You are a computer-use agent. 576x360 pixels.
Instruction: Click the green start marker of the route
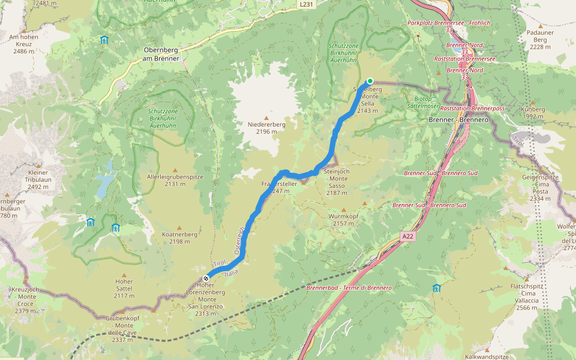tap(370, 81)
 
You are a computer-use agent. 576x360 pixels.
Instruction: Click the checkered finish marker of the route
tap(206, 278)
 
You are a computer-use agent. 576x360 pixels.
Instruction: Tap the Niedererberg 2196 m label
tap(266, 128)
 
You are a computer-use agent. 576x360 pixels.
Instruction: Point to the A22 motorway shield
tap(408, 236)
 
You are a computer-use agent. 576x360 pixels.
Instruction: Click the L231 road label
tap(306, 4)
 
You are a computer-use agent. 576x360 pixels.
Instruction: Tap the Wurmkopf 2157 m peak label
tap(343, 220)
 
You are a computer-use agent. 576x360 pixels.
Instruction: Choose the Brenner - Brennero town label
tap(459, 120)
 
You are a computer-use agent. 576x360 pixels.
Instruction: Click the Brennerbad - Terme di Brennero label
tap(349, 288)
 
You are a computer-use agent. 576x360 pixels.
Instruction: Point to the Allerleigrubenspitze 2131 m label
tap(175, 181)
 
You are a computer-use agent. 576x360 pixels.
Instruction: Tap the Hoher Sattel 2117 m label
tap(124, 292)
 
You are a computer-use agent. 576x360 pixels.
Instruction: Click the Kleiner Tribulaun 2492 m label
tap(38, 179)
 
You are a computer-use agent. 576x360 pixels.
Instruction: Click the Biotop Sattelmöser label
tap(428, 102)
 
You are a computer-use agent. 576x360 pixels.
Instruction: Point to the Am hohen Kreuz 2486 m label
tap(23, 44)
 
